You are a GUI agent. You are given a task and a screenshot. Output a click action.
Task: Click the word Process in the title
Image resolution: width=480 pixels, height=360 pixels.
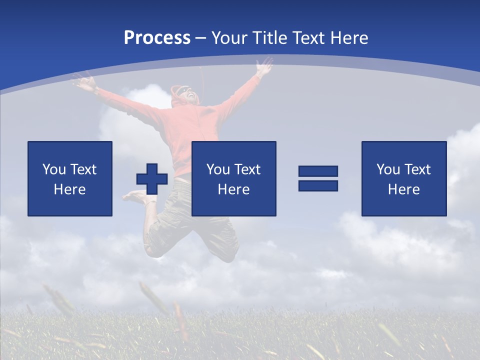pos(157,38)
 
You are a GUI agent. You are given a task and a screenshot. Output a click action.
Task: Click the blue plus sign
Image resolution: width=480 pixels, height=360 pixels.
pos(152,179)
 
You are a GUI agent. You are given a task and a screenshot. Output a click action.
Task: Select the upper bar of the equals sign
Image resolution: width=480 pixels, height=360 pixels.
pos(318,171)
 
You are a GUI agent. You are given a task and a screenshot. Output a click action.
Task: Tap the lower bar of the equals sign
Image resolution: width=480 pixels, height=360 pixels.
pos(318,185)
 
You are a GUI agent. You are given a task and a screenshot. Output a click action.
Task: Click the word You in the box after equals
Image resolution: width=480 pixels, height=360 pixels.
pos(388,169)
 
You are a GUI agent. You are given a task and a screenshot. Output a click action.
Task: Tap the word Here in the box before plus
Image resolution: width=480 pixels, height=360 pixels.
pos(69,189)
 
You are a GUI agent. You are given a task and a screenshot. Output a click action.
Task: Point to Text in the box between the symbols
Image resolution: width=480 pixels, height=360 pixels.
pos(247,169)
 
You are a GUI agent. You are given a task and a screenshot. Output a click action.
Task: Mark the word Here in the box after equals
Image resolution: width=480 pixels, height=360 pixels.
pos(403,189)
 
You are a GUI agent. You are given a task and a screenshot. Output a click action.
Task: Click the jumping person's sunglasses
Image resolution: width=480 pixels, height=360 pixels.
pos(185,91)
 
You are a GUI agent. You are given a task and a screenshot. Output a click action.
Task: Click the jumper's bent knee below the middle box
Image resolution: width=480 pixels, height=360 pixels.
pos(227,252)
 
